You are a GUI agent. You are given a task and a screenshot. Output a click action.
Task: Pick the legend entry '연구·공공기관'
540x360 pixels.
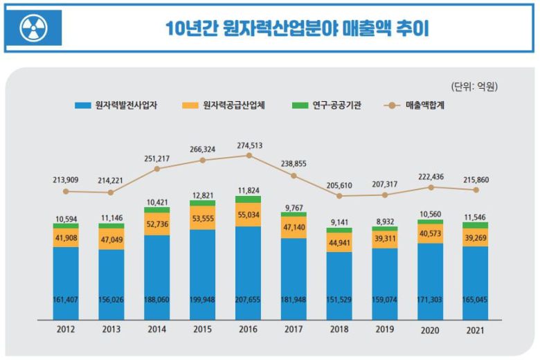327,106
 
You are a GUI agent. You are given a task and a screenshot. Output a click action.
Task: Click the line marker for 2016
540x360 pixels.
249,156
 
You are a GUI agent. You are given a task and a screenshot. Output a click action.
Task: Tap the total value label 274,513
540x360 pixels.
249,145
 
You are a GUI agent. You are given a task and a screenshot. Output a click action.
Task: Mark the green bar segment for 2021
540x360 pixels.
476,226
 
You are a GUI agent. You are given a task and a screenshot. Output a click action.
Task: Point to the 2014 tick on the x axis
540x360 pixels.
157,330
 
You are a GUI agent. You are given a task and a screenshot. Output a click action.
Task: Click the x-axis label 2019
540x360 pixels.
384,330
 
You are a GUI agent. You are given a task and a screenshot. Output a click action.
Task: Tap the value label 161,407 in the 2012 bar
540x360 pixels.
66,299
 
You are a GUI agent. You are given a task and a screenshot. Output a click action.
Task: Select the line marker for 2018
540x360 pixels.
339,196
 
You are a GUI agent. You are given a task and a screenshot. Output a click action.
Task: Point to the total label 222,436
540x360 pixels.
430,177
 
